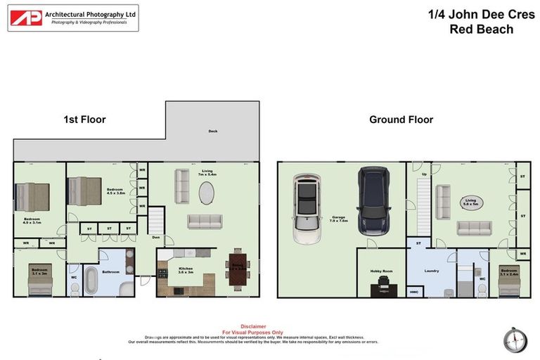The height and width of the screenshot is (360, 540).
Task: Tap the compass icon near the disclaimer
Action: click(x=515, y=340)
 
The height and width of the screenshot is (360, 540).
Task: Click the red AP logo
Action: click(x=26, y=18)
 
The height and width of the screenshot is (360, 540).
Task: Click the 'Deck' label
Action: click(x=212, y=131)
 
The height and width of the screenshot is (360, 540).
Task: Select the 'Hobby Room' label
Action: click(x=380, y=270)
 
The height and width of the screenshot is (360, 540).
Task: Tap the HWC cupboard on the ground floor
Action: click(x=413, y=290)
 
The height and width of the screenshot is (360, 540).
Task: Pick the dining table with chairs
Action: click(x=237, y=269)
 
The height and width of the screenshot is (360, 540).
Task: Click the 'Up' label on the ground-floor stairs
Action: click(x=423, y=174)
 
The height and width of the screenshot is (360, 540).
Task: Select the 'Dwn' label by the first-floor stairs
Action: click(x=155, y=238)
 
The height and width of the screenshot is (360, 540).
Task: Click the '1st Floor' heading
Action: click(x=84, y=120)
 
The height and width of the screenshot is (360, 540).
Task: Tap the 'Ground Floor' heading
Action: click(x=401, y=120)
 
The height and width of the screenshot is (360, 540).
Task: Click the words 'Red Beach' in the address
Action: click(x=481, y=30)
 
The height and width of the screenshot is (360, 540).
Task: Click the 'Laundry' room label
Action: click(x=432, y=270)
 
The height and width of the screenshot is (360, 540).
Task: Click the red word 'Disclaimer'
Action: click(x=253, y=326)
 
